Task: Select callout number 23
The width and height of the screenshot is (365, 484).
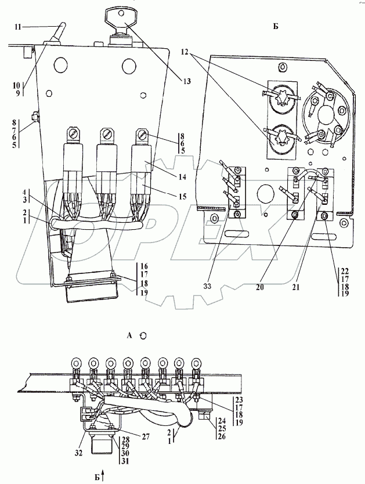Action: (240, 400)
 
